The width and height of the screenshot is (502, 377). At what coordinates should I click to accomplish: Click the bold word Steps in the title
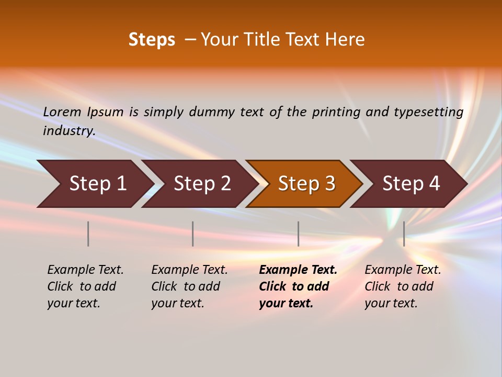152,40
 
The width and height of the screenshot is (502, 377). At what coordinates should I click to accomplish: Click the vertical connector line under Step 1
88,234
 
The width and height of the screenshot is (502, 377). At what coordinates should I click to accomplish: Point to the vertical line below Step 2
193,234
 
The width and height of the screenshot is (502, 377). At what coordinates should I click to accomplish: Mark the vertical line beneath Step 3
299,234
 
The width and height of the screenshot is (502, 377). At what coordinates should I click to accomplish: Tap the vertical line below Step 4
404,234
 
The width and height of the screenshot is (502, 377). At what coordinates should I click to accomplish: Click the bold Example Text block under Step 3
298,286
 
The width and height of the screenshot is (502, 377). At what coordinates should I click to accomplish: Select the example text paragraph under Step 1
85,286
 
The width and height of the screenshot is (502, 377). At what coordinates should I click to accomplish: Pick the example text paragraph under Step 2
189,286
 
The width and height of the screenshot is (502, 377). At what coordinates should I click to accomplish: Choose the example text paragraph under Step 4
403,286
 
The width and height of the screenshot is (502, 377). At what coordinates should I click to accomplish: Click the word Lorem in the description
62,112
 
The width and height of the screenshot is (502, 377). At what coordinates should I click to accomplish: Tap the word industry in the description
69,131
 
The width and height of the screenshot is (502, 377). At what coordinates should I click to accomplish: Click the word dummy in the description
212,112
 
